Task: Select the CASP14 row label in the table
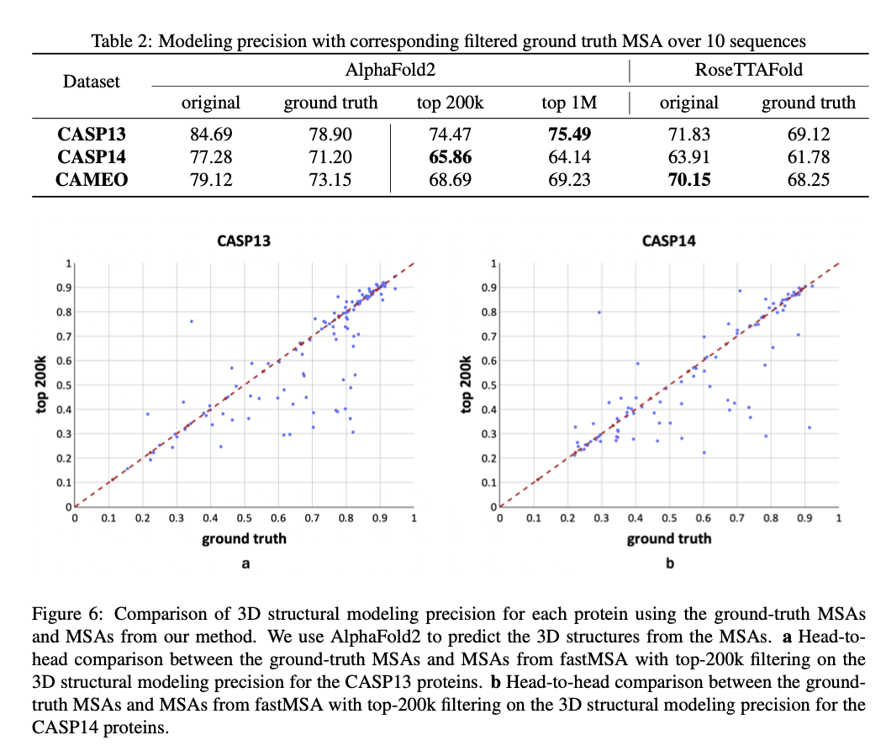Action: click(x=92, y=156)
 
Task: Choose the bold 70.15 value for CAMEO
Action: click(x=688, y=178)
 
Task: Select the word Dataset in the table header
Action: click(x=92, y=82)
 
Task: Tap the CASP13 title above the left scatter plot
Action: click(x=244, y=241)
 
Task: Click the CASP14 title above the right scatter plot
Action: click(x=669, y=241)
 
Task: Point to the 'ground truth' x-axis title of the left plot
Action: click(x=244, y=538)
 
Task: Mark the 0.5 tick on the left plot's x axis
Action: click(x=244, y=518)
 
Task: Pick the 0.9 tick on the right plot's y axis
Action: click(x=488, y=288)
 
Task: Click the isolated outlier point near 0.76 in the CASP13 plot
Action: click(x=191, y=321)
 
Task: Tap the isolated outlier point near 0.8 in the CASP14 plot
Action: click(x=599, y=312)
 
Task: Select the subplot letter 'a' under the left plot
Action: click(x=245, y=563)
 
